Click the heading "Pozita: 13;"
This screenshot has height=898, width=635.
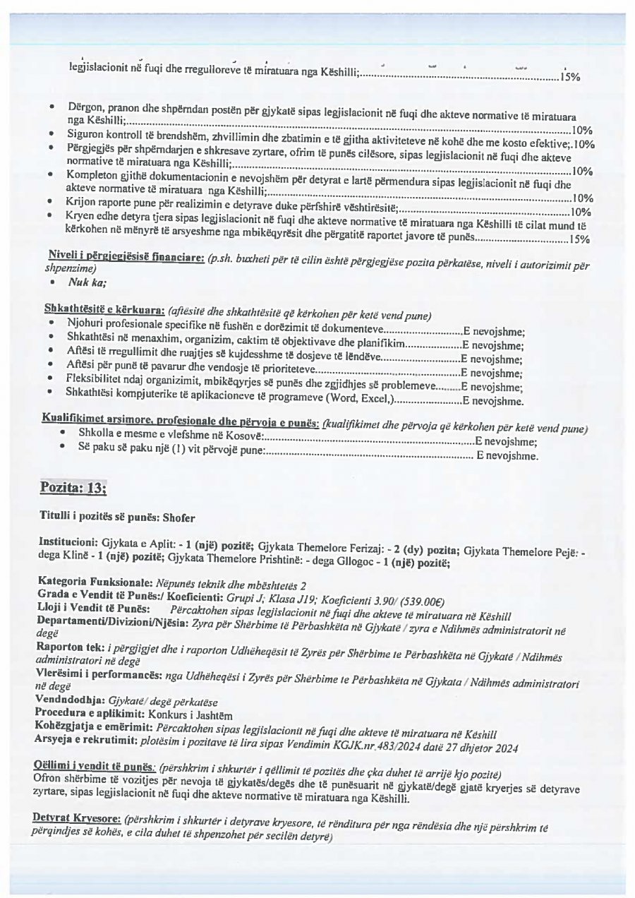(73, 487)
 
